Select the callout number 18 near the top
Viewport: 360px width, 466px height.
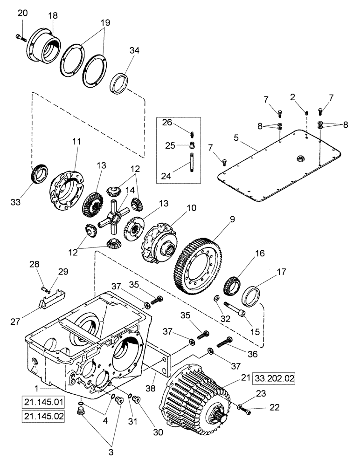point(53,15)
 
